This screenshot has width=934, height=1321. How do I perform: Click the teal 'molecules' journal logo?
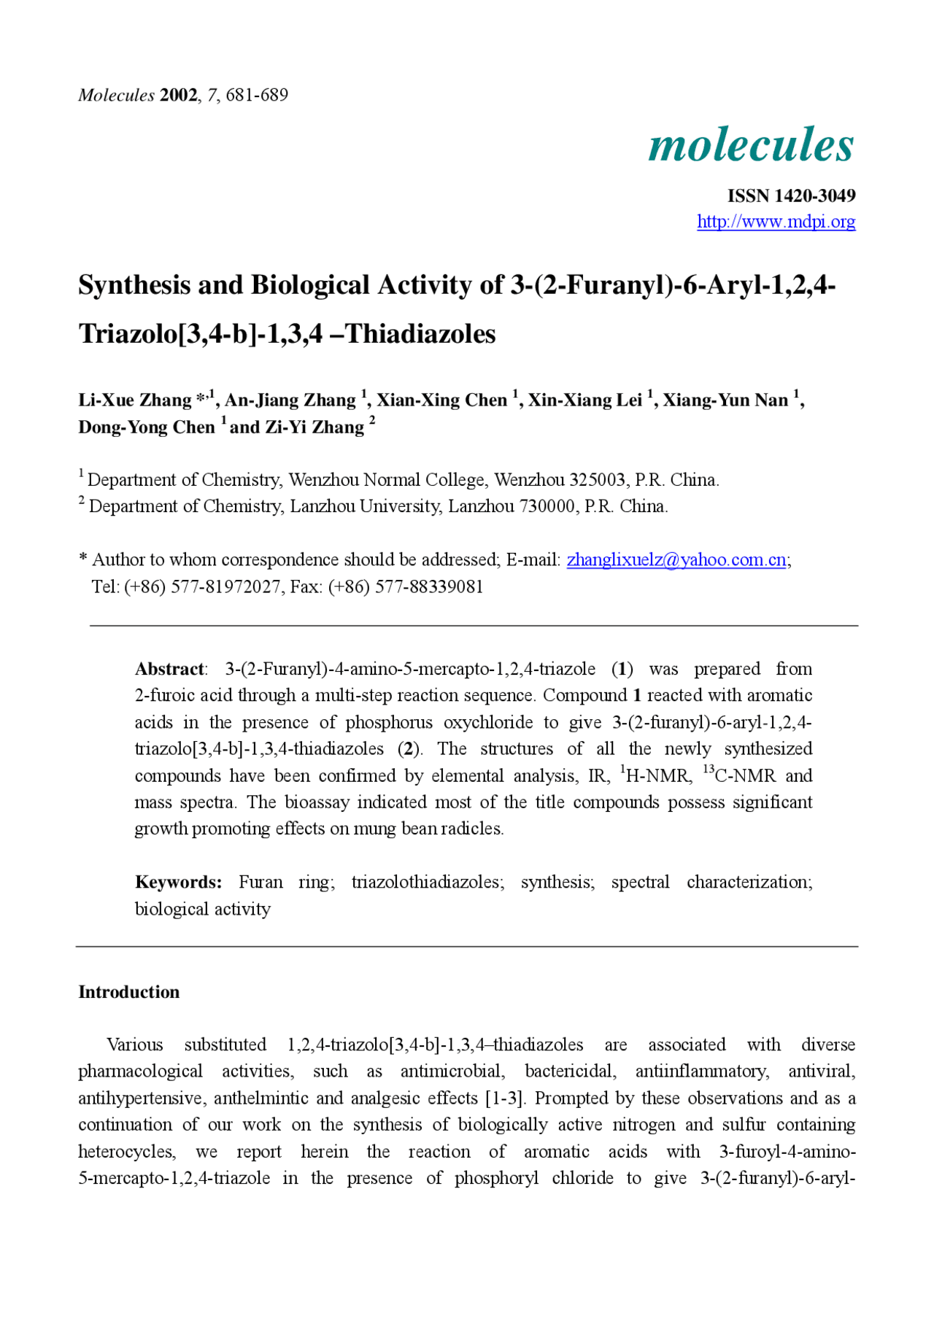click(751, 144)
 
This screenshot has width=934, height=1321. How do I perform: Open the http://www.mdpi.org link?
click(776, 222)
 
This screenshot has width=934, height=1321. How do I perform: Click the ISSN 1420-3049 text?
click(791, 195)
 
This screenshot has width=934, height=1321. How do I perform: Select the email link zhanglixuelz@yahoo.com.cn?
click(676, 559)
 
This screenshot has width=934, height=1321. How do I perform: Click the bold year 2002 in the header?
click(178, 95)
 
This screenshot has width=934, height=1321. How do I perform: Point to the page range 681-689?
click(257, 95)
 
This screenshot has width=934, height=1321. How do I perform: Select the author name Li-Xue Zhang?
click(135, 400)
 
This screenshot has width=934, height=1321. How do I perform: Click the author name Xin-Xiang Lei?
click(584, 400)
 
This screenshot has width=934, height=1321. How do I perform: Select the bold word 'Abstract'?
click(169, 669)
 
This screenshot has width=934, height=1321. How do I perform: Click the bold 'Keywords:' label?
click(178, 882)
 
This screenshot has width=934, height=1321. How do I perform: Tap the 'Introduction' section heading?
click(128, 992)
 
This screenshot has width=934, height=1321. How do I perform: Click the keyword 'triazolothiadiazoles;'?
click(428, 882)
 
